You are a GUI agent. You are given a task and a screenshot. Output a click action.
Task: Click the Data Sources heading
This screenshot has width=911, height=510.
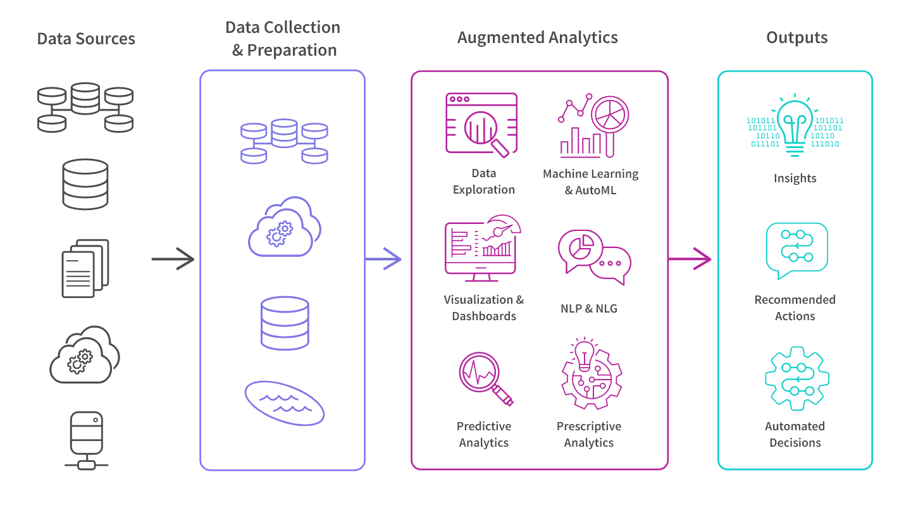[86, 39]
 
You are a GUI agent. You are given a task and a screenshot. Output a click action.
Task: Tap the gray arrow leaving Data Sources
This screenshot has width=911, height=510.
[173, 259]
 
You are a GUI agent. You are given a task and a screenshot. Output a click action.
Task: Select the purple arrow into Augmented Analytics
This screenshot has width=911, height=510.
[384, 259]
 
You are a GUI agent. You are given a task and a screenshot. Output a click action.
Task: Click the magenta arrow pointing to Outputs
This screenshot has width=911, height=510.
[691, 259]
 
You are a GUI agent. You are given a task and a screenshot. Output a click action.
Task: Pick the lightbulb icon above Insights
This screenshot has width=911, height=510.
[795, 127]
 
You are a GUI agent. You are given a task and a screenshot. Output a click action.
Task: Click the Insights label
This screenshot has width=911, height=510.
[795, 178]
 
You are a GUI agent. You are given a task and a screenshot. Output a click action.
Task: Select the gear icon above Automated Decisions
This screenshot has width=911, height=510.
[796, 378]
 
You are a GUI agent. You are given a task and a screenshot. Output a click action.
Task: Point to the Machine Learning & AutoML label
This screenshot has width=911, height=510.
[590, 182]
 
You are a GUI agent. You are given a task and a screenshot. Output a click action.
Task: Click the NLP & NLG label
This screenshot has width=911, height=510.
[588, 309]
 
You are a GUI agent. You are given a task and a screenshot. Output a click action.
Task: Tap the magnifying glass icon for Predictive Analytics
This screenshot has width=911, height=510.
[485, 378]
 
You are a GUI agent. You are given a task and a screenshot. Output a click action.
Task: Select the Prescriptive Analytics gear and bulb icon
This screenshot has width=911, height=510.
[590, 373]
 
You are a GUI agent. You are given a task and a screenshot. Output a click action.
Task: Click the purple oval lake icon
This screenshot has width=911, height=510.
[285, 403]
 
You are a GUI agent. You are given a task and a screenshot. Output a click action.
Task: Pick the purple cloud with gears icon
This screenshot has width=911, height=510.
[284, 228]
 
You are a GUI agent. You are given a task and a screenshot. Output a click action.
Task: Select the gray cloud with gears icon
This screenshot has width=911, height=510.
[85, 355]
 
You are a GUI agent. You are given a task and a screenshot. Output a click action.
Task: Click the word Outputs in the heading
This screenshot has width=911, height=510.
[796, 38]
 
